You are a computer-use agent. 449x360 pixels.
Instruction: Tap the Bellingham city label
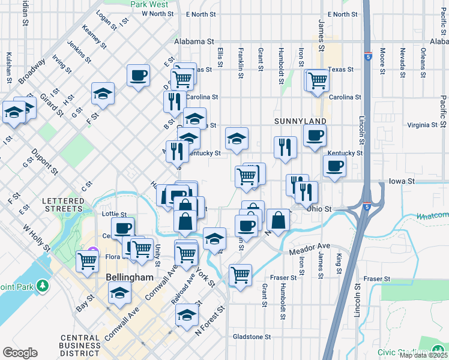pyautogui.click(x=130, y=278)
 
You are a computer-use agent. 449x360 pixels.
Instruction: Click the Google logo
pyautogui.click(x=20, y=353)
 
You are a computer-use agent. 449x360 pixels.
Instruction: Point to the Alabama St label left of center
pyautogui.click(x=194, y=41)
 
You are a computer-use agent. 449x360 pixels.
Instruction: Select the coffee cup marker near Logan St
pyautogui.click(x=138, y=76)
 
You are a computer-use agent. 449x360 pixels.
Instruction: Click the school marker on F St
pyautogui.click(x=103, y=94)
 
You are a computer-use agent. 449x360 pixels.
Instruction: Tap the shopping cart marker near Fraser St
pyautogui.click(x=240, y=275)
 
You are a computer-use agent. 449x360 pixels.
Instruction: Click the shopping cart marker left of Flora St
pyautogui.click(x=88, y=261)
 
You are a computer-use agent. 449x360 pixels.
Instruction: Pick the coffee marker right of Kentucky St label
pyautogui.click(x=334, y=166)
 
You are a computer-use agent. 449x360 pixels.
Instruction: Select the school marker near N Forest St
pyautogui.click(x=187, y=315)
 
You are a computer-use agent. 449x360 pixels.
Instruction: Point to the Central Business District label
pyautogui.click(x=80, y=345)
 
